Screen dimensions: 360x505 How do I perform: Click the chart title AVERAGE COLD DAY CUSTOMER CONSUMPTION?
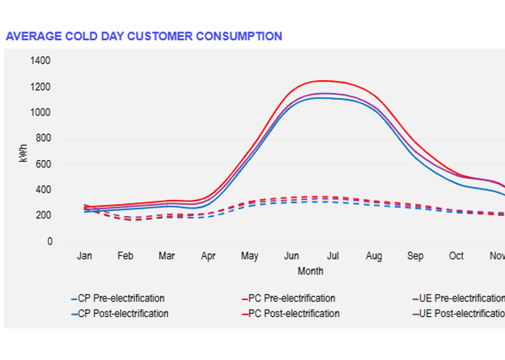pyautogui.click(x=143, y=36)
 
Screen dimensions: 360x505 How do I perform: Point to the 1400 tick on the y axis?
pyautogui.click(x=41, y=61)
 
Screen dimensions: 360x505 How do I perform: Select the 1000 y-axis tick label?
pyautogui.click(x=41, y=112)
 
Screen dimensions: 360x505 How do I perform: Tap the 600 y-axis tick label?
pyautogui.click(x=43, y=164)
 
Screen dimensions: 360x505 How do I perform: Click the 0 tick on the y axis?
pyautogui.click(x=49, y=242)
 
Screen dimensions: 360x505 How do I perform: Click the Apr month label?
pyautogui.click(x=209, y=255)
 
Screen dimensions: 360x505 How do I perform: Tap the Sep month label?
pyautogui.click(x=415, y=255)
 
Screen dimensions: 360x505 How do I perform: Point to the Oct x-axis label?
pyautogui.click(x=457, y=255)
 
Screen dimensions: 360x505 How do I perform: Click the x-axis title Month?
pyautogui.click(x=310, y=271)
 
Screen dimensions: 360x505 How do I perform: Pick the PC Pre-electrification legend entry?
pyautogui.click(x=293, y=298)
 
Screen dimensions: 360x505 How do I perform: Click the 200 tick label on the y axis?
pyautogui.click(x=43, y=215)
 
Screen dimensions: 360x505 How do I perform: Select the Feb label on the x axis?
pyautogui.click(x=125, y=255)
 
